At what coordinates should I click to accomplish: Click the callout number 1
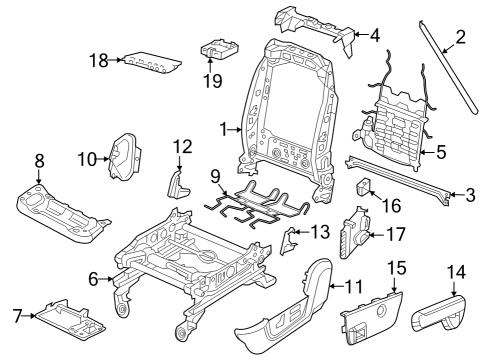[x=225, y=128]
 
